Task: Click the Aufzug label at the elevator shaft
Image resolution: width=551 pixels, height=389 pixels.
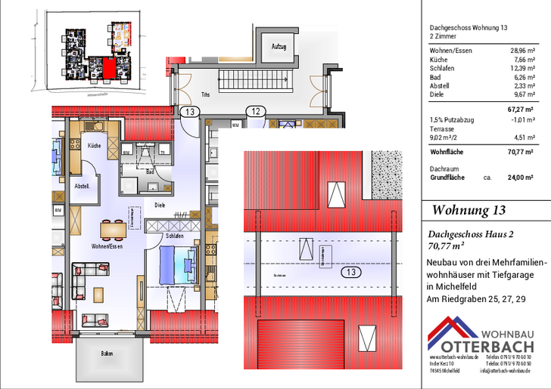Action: coord(279,47)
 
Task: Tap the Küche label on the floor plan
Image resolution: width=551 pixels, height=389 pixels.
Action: coord(95,145)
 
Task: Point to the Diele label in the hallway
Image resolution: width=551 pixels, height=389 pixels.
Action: coord(160,204)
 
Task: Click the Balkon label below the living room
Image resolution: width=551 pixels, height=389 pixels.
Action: coord(109,353)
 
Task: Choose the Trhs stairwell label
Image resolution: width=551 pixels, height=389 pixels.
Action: coord(205,94)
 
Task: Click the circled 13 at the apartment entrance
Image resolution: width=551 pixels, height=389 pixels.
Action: coord(190,113)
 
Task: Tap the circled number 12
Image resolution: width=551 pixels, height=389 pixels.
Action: coord(257,113)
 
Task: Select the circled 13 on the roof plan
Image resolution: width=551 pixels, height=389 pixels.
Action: coord(349,272)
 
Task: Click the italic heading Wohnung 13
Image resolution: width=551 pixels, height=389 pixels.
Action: coord(469,210)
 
